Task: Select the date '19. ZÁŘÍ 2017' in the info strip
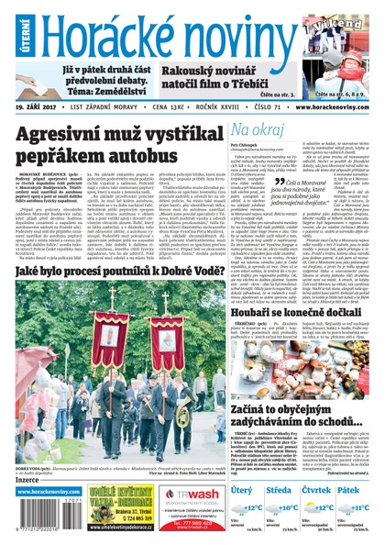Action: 41,106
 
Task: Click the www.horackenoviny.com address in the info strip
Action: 335,106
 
